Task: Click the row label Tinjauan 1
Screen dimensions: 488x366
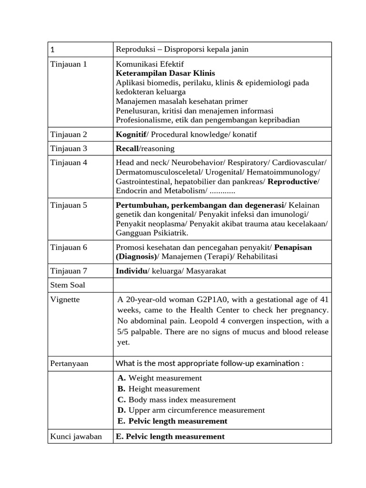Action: coord(69,64)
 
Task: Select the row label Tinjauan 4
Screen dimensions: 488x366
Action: coord(69,163)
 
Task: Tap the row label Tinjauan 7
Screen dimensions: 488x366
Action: coord(69,271)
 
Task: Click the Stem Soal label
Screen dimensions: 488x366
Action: coord(68,285)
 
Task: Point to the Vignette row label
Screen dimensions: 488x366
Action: coord(65,299)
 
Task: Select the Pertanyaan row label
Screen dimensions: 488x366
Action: coord(70,364)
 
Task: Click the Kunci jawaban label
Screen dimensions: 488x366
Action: coord(76,437)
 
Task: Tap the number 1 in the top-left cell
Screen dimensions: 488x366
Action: coord(52,50)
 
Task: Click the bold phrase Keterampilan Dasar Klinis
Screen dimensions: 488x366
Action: coord(165,73)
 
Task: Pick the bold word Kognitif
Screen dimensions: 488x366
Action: coord(131,134)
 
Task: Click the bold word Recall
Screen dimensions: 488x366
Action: coord(127,149)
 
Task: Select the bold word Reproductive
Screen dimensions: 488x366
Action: coord(292,182)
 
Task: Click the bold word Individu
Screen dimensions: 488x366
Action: coord(132,271)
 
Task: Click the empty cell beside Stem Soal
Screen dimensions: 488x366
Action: coord(222,285)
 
